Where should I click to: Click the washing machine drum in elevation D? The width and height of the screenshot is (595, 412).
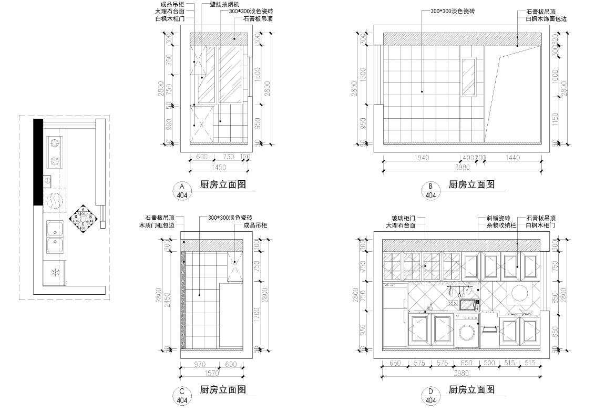pos(466,333)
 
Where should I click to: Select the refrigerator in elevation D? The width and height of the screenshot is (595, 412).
pos(395,315)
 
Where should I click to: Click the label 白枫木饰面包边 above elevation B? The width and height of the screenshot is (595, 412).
pos(546,18)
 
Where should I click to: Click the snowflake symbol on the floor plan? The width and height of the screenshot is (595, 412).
pos(54,272)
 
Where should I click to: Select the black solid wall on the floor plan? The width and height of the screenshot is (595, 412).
pos(38,161)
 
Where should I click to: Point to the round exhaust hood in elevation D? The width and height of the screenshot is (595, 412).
pos(519,293)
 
